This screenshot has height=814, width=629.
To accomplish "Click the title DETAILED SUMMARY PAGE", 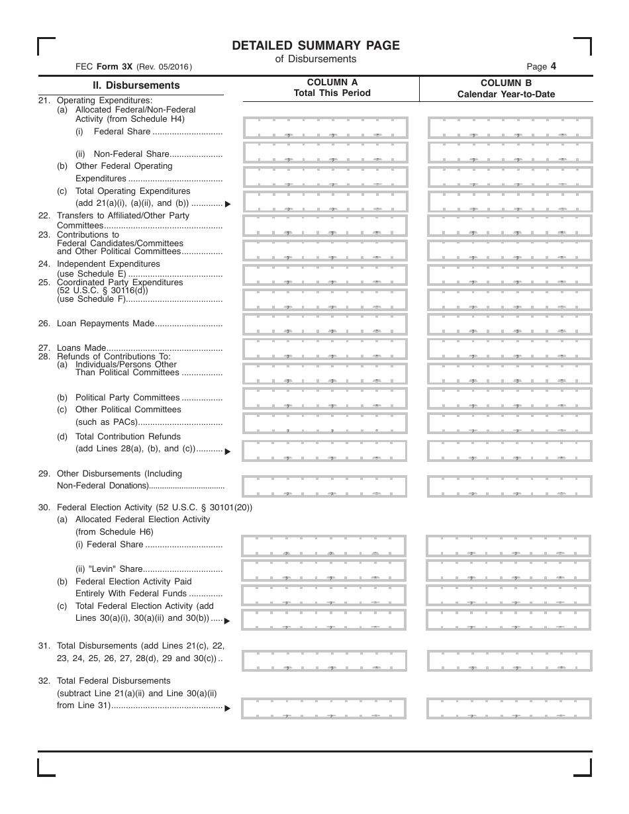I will tap(316, 45).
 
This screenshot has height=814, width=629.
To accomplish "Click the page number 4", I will tap(553, 66).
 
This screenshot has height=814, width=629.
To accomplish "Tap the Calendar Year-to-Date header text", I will tap(506, 95).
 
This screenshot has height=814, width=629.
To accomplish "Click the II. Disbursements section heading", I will tap(136, 85).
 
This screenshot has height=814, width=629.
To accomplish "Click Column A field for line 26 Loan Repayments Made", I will tap(325, 324).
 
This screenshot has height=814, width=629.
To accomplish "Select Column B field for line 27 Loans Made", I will tap(510, 349).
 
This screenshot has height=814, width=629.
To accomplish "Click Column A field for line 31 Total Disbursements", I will tap(324, 660).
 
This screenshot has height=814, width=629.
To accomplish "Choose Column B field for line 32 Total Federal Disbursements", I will tap(509, 708).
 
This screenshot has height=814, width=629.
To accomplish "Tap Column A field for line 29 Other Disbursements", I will tap(324, 486).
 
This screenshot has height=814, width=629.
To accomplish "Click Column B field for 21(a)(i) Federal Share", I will tap(510, 128).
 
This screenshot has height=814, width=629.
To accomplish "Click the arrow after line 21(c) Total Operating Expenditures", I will tap(228, 204).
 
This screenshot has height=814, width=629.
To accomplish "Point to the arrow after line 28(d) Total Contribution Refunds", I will tap(228, 452).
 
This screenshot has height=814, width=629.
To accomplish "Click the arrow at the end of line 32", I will tap(228, 709).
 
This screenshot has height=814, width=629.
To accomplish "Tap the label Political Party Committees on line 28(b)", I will tap(127, 398).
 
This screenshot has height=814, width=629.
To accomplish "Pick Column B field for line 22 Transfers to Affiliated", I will tap(510, 226).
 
